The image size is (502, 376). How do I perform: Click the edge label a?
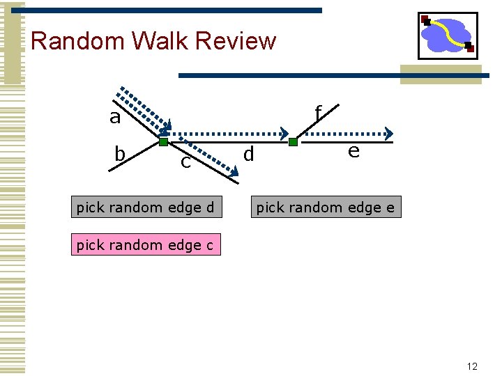click(x=115, y=118)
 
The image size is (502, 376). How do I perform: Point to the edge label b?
click(x=120, y=152)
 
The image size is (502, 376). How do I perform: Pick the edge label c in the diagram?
click(x=185, y=162)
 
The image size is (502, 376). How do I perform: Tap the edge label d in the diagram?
click(x=248, y=153)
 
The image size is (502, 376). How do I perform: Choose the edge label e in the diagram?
click(x=353, y=150)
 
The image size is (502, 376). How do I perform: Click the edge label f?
click(x=318, y=113)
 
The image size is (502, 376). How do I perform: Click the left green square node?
click(x=163, y=142)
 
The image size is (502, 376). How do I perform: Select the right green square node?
click(x=293, y=142)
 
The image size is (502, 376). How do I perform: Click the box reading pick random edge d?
click(x=145, y=207)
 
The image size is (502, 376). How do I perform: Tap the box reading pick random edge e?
click(x=326, y=207)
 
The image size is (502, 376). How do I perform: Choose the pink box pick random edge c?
click(x=145, y=245)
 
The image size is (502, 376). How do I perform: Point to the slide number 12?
click(x=472, y=366)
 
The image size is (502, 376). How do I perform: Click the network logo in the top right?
click(x=448, y=36)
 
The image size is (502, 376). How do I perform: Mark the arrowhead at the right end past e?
click(x=389, y=133)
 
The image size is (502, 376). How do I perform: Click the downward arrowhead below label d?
click(x=234, y=170)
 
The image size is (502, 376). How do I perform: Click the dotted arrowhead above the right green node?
click(x=285, y=133)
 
